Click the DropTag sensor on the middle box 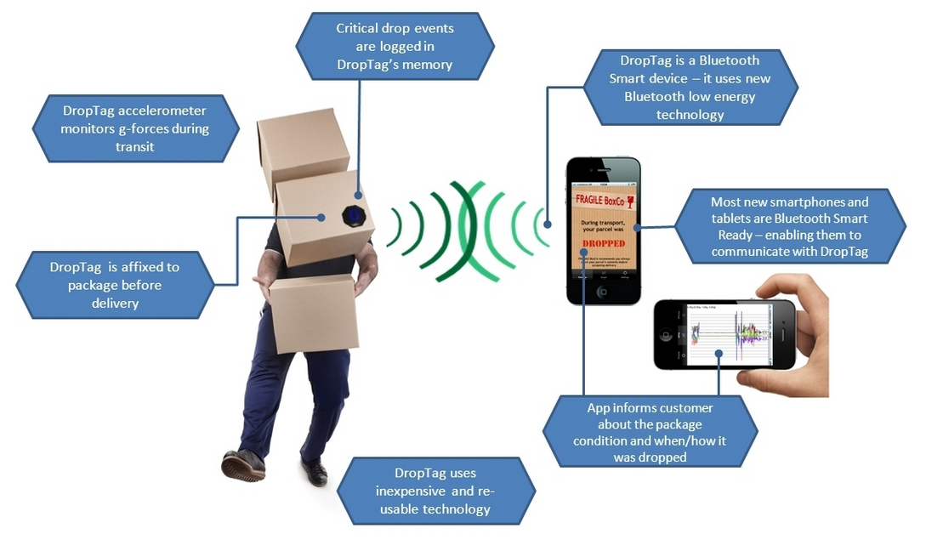(x=354, y=214)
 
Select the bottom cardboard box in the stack (x=313, y=311)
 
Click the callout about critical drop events (x=395, y=46)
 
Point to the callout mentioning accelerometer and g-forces (x=134, y=128)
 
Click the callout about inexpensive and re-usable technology (x=435, y=491)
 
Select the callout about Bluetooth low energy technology (x=690, y=87)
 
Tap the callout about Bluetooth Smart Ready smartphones (x=789, y=226)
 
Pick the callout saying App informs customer (x=650, y=432)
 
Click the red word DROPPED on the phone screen (x=603, y=243)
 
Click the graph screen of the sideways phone (x=728, y=333)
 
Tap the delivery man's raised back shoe (x=314, y=472)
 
